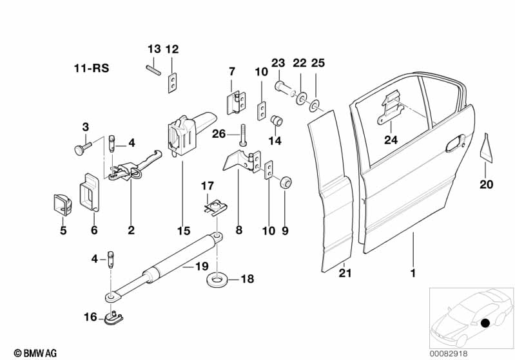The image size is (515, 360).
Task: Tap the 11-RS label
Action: point(90,68)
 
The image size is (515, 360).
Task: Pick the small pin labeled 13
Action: point(152,68)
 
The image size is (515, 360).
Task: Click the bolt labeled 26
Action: point(244,133)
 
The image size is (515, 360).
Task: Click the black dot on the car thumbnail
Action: point(485,323)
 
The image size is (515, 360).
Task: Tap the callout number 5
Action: point(63,230)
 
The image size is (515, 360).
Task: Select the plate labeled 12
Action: point(172,83)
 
